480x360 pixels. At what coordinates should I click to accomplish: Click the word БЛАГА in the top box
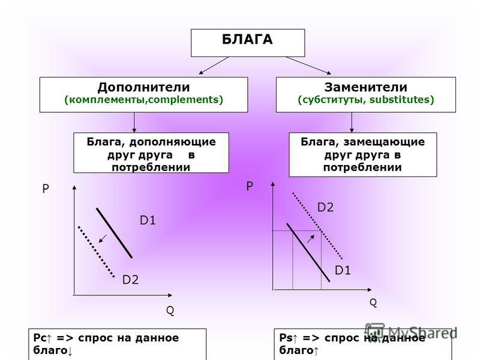[247, 40]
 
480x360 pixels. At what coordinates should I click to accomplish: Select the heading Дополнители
[143, 87]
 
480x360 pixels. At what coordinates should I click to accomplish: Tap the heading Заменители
[366, 87]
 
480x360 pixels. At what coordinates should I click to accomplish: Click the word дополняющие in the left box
[172, 142]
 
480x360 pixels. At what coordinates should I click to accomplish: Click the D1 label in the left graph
[148, 220]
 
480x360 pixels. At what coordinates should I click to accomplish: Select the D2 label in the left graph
[130, 280]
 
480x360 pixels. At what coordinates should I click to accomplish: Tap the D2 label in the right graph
[325, 208]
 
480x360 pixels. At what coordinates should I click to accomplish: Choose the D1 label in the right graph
[343, 271]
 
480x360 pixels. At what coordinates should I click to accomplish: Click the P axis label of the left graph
[46, 189]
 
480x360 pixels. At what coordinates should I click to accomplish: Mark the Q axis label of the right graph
[373, 303]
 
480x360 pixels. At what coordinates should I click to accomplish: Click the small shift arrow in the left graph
[103, 238]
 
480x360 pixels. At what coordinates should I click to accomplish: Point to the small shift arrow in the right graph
[311, 239]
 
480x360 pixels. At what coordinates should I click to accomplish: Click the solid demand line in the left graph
[114, 233]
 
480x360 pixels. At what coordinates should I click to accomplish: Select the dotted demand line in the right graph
[317, 226]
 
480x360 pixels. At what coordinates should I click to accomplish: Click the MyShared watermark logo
[411, 332]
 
